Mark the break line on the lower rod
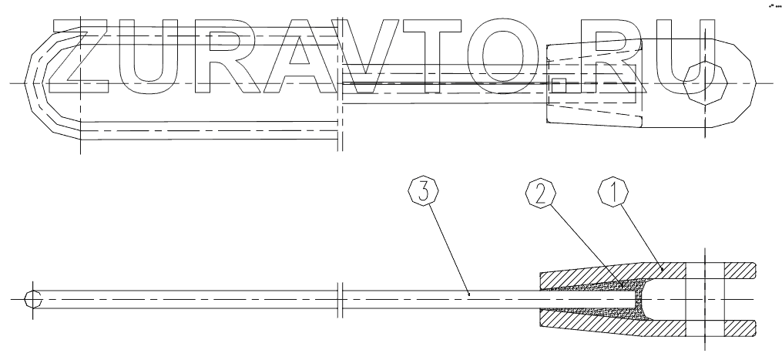340,298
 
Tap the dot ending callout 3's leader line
468,293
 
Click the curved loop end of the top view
35,82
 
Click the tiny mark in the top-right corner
772,5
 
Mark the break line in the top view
340,82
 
